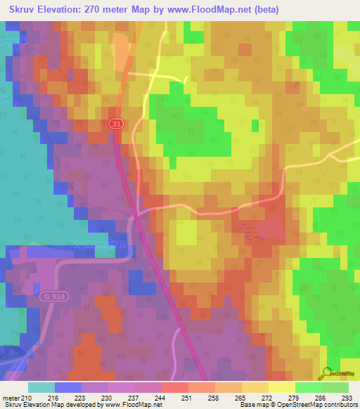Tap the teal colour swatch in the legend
pyautogui.click(x=41, y=387)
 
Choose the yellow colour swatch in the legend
pyautogui.click(x=281, y=387)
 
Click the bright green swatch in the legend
pyautogui.click(x=308, y=387)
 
